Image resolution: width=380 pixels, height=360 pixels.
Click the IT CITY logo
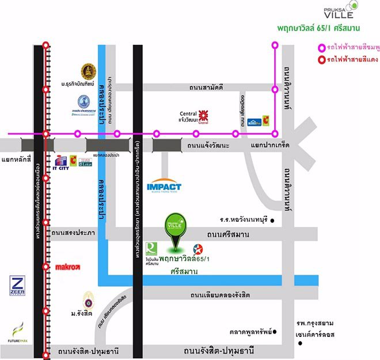(x=60, y=162)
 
